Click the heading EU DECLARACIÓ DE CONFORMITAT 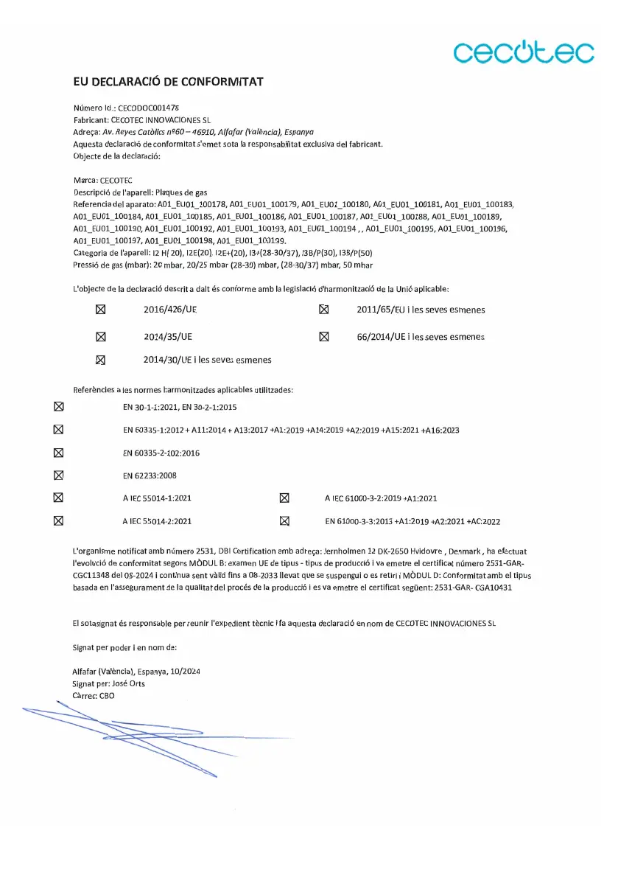pos(168,81)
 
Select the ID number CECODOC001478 pos(149,108)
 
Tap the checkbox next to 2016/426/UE pos(102,310)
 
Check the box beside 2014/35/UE pos(102,336)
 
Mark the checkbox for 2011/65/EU pos(323,310)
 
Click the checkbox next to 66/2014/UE pos(323,336)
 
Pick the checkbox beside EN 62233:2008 pos(59,475)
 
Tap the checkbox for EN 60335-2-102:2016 pos(59,453)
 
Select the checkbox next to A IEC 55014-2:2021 pos(59,520)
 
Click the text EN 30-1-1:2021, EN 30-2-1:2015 pos(180,407)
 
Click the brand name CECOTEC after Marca pos(116,180)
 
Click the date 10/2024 pos(185,672)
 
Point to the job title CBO pos(107,695)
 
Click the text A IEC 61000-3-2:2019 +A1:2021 pos(381,498)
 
